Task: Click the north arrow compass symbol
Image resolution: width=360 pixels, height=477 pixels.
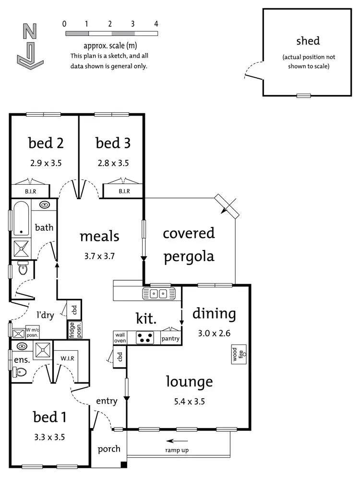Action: (x=30, y=46)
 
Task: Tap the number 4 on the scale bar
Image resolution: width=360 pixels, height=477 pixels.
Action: (x=156, y=24)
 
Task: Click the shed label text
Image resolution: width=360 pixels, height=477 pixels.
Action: (x=308, y=41)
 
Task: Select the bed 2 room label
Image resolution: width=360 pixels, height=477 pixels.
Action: (x=46, y=143)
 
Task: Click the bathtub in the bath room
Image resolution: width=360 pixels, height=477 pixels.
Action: (x=20, y=219)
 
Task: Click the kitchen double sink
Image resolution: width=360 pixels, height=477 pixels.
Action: (x=157, y=293)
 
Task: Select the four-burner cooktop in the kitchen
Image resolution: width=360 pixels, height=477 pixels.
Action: (x=145, y=338)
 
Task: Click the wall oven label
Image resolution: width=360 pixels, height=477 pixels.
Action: (x=120, y=338)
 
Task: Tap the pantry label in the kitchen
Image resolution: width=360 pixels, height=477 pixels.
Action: (x=170, y=339)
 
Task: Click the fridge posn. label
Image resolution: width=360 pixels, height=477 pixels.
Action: (x=72, y=330)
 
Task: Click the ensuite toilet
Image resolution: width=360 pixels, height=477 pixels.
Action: (x=20, y=371)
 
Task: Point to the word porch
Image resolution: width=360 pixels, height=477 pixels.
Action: (x=109, y=449)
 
